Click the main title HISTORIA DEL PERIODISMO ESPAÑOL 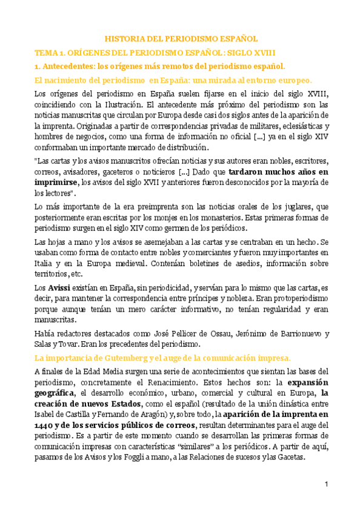pos(182,38)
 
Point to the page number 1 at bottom pos(325,484)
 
